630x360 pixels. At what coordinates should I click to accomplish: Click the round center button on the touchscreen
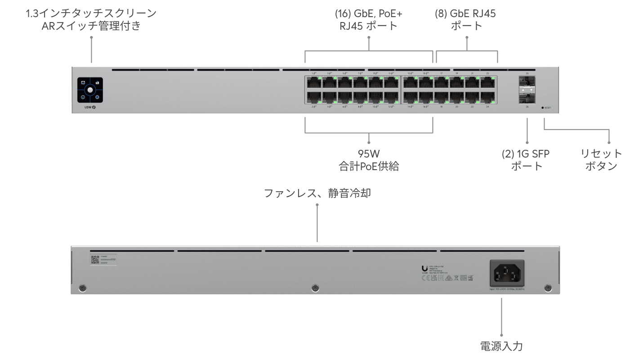tap(90, 90)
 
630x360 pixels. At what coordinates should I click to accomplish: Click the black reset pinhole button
tap(543, 108)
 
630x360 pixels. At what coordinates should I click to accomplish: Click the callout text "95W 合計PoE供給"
tap(369, 159)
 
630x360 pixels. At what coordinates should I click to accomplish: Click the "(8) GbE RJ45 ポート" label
tap(465, 19)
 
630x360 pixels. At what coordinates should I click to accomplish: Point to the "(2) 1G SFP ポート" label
tap(526, 159)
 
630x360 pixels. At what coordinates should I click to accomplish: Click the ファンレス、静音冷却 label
tap(317, 193)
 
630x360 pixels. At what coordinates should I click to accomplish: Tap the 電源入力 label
tap(501, 346)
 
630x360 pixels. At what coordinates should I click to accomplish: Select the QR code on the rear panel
tap(95, 260)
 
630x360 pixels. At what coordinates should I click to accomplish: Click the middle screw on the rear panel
tap(315, 288)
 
